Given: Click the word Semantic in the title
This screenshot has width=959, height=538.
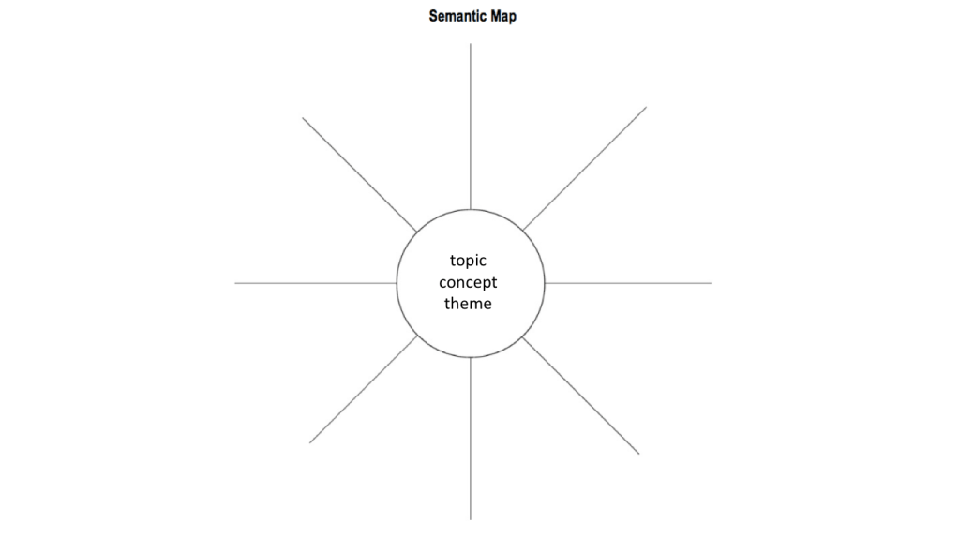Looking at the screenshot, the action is (x=457, y=16).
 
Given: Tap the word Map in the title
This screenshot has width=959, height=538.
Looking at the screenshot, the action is (x=503, y=17).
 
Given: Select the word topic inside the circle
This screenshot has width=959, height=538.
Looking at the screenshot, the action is (x=468, y=262).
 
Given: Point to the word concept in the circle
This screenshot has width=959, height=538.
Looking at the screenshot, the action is (x=468, y=282).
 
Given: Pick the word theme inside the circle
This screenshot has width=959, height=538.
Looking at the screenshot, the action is (x=468, y=304).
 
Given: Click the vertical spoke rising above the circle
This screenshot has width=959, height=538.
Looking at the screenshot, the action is (x=471, y=127).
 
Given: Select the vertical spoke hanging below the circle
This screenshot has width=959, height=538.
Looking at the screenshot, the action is (x=471, y=439).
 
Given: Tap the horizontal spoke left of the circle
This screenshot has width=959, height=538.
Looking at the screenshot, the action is (x=316, y=283).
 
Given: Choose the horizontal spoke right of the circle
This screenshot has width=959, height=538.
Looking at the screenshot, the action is (x=628, y=283).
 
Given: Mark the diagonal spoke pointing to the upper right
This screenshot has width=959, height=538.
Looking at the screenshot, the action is (x=585, y=169).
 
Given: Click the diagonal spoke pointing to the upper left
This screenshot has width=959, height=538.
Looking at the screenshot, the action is (x=360, y=175).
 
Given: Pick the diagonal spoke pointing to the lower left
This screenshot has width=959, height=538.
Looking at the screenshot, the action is (x=364, y=389).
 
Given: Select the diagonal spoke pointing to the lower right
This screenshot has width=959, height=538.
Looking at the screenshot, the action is (x=581, y=395).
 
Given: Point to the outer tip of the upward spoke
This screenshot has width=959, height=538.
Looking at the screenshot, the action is (x=471, y=44).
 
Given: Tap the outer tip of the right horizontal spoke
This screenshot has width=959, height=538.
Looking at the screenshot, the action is (x=712, y=283).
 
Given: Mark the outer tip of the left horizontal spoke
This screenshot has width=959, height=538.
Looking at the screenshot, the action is (x=235, y=283).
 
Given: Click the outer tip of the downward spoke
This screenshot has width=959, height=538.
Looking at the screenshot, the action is (x=471, y=519).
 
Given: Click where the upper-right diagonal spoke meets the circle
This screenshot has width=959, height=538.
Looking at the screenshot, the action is (x=523, y=231).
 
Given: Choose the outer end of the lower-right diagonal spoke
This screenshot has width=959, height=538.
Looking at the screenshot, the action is (x=639, y=455).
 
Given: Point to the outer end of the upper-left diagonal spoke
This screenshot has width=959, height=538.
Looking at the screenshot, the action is (x=302, y=117).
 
